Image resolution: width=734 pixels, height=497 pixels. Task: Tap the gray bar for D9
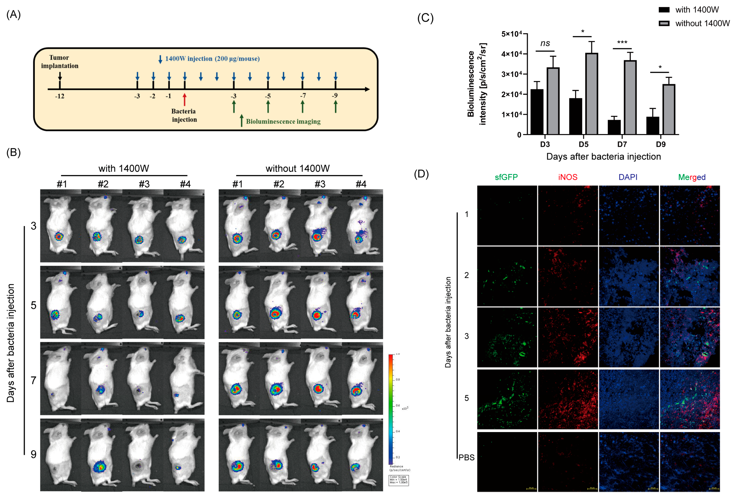coord(668,109)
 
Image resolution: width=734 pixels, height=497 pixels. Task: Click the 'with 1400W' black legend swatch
coord(664,10)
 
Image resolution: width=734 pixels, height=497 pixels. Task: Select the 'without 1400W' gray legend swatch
coord(664,23)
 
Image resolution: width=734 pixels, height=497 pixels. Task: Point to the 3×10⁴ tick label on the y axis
coord(511,74)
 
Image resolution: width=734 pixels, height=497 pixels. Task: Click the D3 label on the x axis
coord(545,144)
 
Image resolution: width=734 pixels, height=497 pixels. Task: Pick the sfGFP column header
coord(506,177)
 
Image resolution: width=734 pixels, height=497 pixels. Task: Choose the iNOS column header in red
coord(568,177)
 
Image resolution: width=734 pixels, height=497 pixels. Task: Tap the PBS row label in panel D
coord(467,457)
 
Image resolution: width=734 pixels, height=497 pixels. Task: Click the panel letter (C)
coord(425,18)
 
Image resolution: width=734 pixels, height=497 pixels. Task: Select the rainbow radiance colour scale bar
coord(391,409)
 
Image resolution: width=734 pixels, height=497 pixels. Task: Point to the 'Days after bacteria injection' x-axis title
coord(603,157)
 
